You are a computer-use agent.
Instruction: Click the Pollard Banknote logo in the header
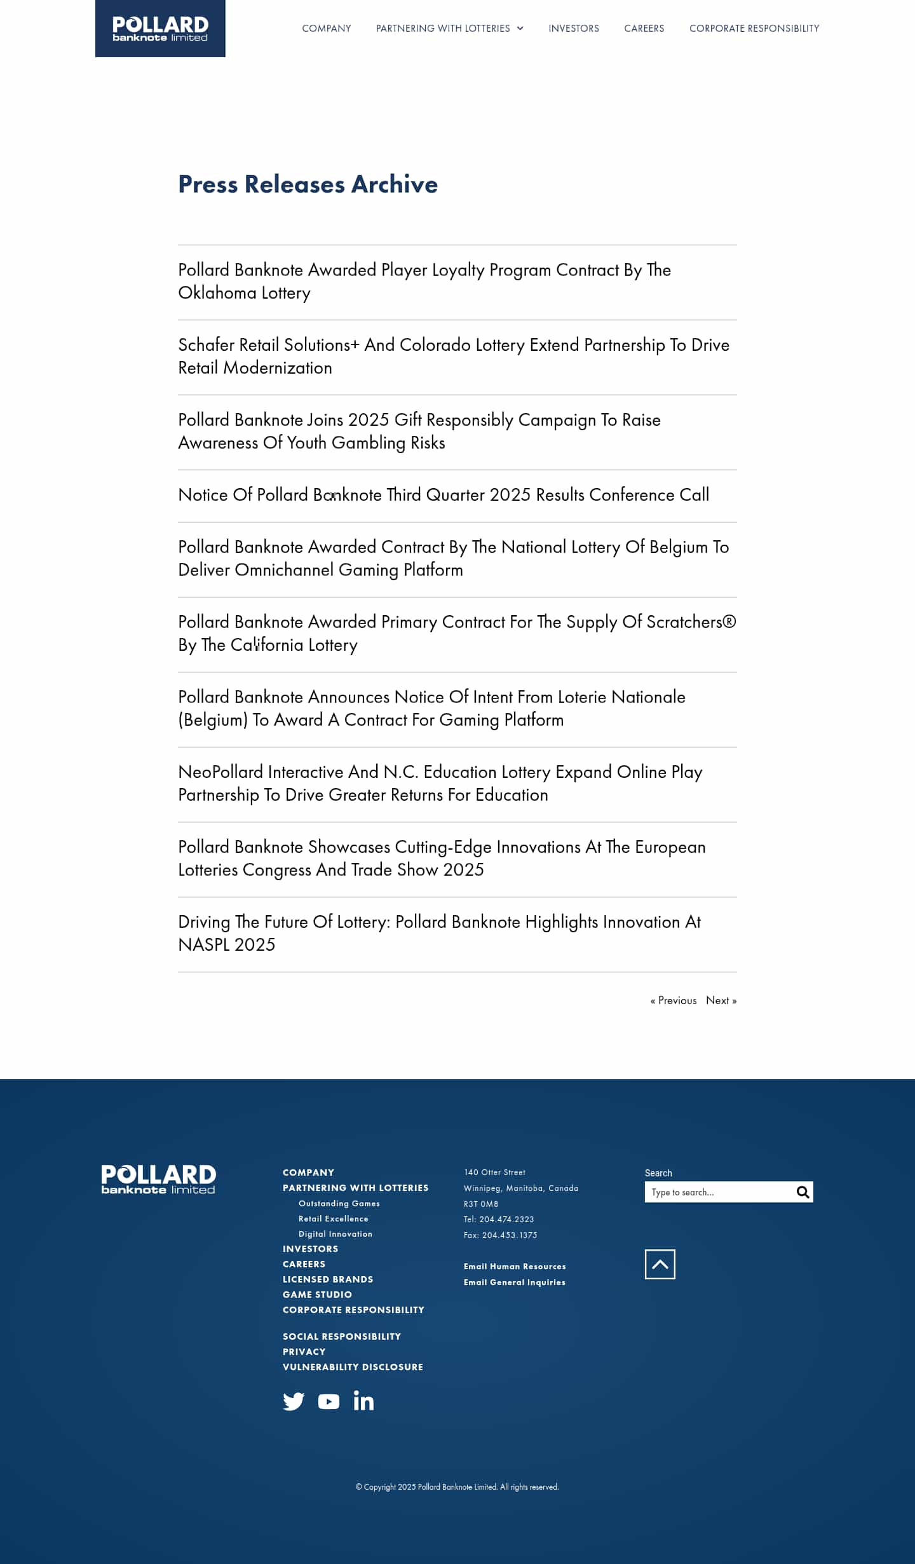pyautogui.click(x=160, y=29)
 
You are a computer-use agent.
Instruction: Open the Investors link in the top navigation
pyautogui.click(x=573, y=29)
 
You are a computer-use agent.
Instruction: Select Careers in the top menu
pyautogui.click(x=644, y=29)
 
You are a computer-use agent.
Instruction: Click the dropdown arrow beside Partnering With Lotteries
pyautogui.click(x=520, y=29)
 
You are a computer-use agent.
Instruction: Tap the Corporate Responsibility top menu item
pyautogui.click(x=754, y=29)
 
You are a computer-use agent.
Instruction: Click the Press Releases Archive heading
pyautogui.click(x=308, y=184)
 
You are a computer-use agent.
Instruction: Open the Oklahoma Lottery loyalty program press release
pyautogui.click(x=424, y=282)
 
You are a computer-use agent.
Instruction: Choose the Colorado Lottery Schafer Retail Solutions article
pyautogui.click(x=453, y=357)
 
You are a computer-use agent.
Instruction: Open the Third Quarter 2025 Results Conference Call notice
pyautogui.click(x=443, y=495)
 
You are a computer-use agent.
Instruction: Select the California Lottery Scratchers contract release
pyautogui.click(x=456, y=634)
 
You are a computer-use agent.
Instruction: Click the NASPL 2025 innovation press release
pyautogui.click(x=439, y=934)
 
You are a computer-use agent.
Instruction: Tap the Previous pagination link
pyautogui.click(x=674, y=1001)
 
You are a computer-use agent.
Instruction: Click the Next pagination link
pyautogui.click(x=721, y=1001)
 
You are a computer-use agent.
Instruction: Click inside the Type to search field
pyautogui.click(x=718, y=1193)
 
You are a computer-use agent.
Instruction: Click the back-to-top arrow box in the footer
pyautogui.click(x=660, y=1265)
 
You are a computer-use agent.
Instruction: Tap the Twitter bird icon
pyautogui.click(x=294, y=1401)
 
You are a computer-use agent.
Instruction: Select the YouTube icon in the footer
pyautogui.click(x=329, y=1401)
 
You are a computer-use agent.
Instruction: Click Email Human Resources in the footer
pyautogui.click(x=515, y=1267)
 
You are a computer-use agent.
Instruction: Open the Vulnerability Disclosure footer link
pyautogui.click(x=353, y=1367)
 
